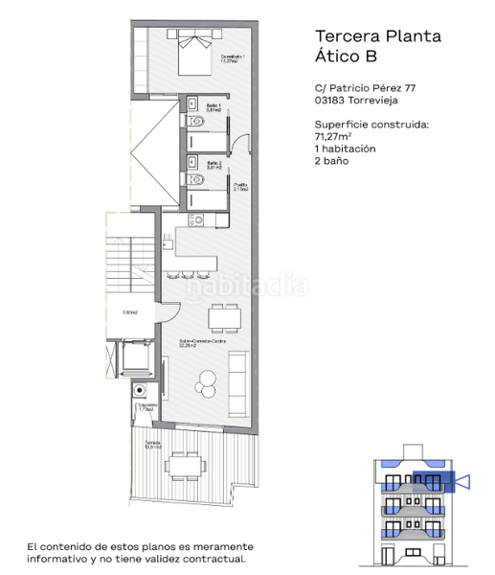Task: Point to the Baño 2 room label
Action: pos(214,165)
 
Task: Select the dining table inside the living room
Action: pos(224,317)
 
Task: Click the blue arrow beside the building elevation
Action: pos(464,480)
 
